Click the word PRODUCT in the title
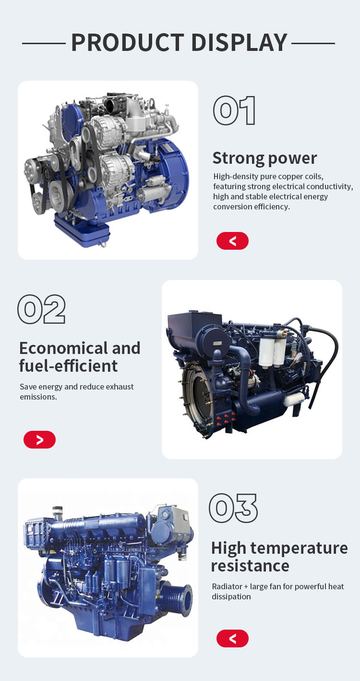128,42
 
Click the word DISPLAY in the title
240,42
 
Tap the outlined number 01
234,110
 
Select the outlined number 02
42,309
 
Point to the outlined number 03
233,508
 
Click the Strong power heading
264,158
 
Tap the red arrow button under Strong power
232,241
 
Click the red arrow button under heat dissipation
232,638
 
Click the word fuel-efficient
68,366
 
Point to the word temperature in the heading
299,549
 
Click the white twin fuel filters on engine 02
272,352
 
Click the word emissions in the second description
38,397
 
